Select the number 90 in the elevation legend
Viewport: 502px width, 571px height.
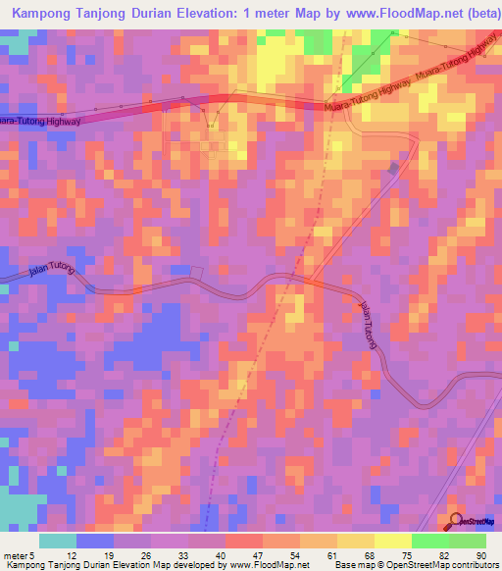click(480, 554)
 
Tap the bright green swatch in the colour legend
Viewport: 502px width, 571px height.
click(430, 541)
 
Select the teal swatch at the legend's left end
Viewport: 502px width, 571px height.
click(58, 541)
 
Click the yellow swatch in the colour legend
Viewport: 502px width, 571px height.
click(393, 541)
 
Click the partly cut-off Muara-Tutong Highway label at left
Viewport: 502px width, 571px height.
click(39, 119)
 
